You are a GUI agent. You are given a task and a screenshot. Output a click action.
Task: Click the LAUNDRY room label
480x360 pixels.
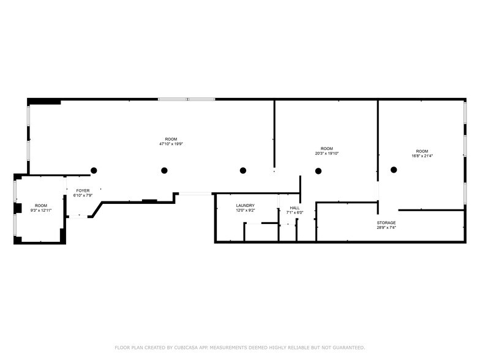coord(245,206)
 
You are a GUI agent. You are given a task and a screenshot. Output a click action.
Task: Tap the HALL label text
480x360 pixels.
coord(294,208)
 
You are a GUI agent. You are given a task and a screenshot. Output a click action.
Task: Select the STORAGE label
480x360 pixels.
coord(386,223)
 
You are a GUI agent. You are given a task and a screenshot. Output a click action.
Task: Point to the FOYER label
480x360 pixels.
coord(82,191)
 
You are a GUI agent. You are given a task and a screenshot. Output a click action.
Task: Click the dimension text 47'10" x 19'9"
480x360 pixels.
coord(171,144)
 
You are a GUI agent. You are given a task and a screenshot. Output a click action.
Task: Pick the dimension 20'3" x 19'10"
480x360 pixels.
coord(327,154)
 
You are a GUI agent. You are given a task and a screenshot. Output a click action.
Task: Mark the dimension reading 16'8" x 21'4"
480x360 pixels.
coord(421,156)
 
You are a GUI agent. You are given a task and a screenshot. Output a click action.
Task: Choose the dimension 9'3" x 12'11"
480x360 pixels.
coord(41,211)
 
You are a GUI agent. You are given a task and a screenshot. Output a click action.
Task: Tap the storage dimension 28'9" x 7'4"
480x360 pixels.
coord(386,228)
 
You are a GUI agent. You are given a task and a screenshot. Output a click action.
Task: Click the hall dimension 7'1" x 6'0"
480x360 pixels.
coord(294,213)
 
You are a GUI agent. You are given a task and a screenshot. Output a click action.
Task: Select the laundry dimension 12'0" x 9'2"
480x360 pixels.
coord(245,211)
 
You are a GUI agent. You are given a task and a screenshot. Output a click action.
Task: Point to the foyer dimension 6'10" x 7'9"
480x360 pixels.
coord(82,196)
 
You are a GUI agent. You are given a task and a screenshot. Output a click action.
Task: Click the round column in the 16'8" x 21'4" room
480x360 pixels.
coord(394,170)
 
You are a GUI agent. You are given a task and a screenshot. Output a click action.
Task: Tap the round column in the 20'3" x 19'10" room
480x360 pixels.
coord(318,171)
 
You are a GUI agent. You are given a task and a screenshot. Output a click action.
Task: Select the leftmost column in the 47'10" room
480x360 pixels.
coord(94,170)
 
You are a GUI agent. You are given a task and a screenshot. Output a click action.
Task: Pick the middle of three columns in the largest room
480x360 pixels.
coord(163,171)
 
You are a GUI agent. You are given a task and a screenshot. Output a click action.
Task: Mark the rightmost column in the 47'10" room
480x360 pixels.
coord(243,170)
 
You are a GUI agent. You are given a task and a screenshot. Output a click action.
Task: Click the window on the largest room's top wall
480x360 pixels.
coord(186,99)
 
